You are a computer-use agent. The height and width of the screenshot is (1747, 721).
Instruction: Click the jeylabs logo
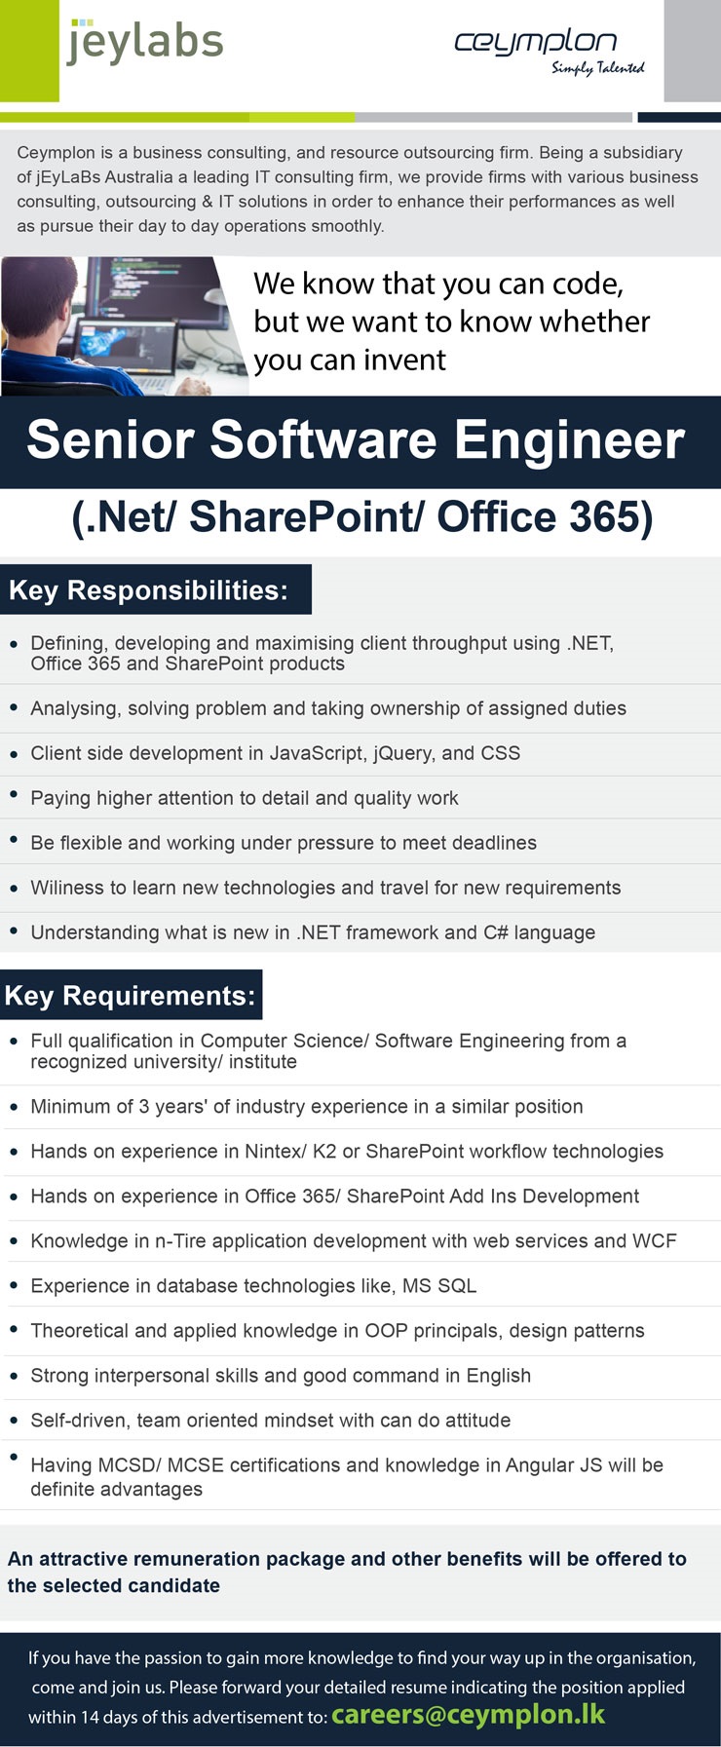pyautogui.click(x=145, y=44)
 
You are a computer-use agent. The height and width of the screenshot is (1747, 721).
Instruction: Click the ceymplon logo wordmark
pyautogui.click(x=535, y=42)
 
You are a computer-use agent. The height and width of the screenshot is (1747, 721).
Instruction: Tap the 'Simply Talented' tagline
pyautogui.click(x=597, y=67)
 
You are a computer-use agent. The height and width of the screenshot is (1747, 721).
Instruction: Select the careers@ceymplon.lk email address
pyautogui.click(x=468, y=1715)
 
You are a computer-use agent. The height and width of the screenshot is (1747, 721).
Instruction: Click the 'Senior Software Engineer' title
pyautogui.click(x=356, y=440)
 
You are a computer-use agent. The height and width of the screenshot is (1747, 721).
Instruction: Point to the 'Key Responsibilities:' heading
pyautogui.click(x=148, y=590)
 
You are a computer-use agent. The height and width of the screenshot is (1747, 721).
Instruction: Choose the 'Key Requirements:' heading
pyautogui.click(x=130, y=996)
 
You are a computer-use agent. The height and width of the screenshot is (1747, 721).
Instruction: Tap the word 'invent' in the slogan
pyautogui.click(x=400, y=361)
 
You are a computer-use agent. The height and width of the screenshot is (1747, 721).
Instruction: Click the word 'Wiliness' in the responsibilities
pyautogui.click(x=67, y=888)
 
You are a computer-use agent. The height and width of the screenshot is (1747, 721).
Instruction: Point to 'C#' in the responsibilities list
pyautogui.click(x=495, y=932)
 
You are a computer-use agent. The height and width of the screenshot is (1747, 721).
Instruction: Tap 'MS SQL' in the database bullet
pyautogui.click(x=439, y=1286)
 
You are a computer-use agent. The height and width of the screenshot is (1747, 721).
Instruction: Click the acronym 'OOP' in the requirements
pyautogui.click(x=386, y=1331)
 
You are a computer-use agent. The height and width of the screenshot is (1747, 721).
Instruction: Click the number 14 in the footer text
pyautogui.click(x=90, y=1718)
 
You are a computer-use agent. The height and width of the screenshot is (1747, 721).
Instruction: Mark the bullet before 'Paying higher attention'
pyautogui.click(x=14, y=795)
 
